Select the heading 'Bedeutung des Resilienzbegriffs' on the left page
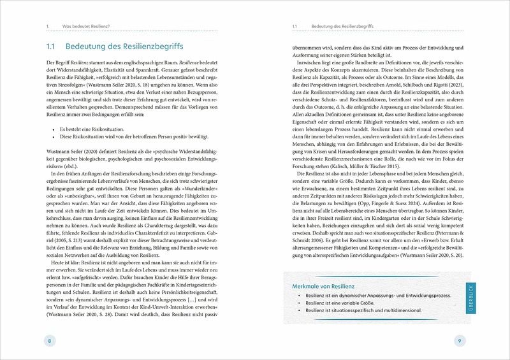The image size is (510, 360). [121, 47]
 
